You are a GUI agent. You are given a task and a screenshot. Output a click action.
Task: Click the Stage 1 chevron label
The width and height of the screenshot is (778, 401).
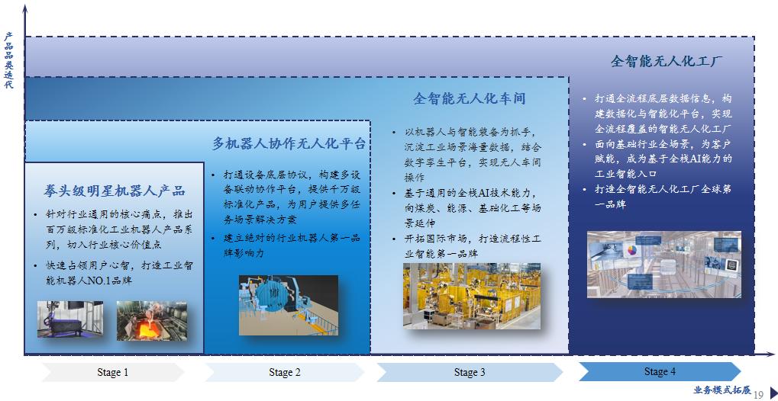(x=113, y=372)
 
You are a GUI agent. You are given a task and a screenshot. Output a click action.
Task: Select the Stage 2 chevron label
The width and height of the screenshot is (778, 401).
(x=285, y=372)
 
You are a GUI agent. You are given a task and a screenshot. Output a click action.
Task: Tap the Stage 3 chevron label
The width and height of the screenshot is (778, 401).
(x=470, y=372)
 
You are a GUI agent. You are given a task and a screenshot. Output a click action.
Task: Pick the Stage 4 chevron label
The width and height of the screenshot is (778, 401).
(x=660, y=371)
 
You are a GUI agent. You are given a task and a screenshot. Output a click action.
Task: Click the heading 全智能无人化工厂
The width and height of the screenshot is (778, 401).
(x=667, y=62)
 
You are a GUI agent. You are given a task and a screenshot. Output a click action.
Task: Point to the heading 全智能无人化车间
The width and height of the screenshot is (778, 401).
(x=470, y=98)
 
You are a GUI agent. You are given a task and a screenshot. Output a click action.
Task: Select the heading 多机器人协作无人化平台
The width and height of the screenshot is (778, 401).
(x=289, y=144)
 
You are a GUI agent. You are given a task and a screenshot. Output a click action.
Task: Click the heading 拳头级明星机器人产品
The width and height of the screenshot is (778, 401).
(x=115, y=191)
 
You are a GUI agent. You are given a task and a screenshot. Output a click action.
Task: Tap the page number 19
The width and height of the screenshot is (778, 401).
(x=758, y=395)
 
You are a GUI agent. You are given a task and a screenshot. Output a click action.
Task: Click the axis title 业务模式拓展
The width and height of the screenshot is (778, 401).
(x=722, y=390)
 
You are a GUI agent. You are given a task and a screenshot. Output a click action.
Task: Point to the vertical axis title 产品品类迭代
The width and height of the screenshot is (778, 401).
(x=8, y=60)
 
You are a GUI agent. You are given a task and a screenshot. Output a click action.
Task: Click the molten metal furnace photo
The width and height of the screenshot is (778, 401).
(x=152, y=321)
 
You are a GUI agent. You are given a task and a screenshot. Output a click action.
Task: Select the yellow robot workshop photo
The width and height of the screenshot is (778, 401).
(x=472, y=296)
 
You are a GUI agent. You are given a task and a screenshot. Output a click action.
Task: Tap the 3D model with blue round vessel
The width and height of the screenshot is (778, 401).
(x=289, y=306)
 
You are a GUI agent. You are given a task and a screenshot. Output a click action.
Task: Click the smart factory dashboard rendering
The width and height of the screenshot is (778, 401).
(x=664, y=265)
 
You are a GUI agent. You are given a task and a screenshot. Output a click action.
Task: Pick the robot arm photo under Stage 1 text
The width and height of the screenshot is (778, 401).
(x=70, y=319)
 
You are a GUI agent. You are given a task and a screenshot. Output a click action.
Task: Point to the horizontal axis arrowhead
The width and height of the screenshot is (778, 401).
(x=770, y=354)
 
